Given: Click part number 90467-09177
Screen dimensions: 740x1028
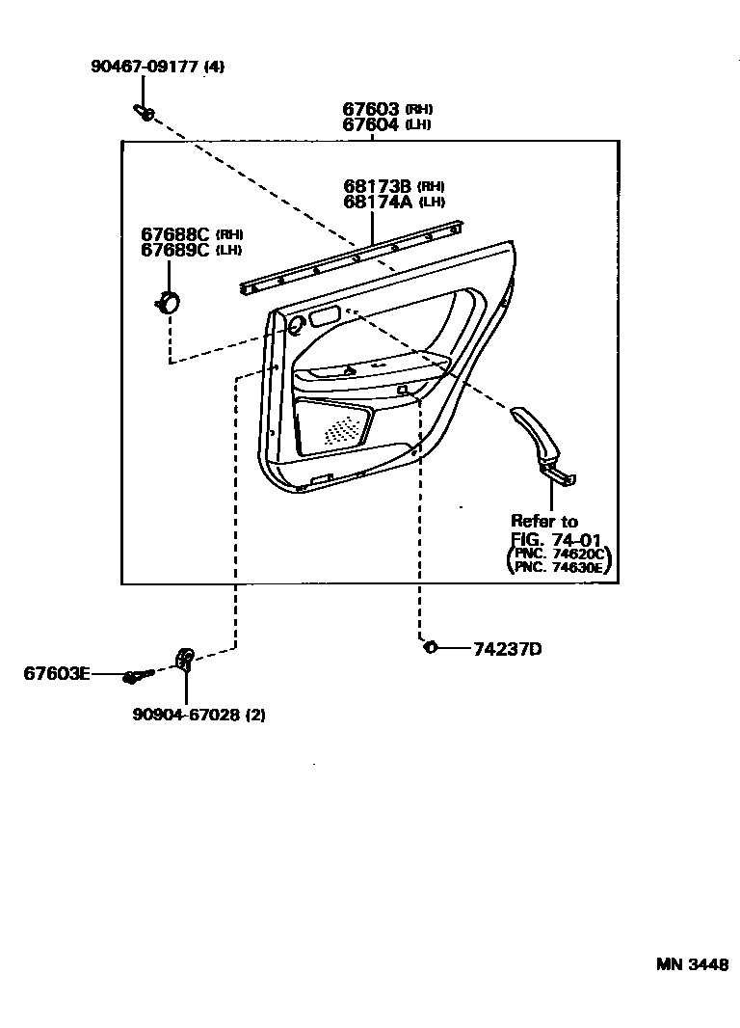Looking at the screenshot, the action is [x=145, y=67].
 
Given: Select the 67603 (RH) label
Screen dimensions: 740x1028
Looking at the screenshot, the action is [x=372, y=109].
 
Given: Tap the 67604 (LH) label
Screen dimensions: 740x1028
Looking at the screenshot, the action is [x=372, y=124].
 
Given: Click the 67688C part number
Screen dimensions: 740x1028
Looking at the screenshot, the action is [x=174, y=234].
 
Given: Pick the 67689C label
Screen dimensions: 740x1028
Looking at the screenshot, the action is [x=174, y=250].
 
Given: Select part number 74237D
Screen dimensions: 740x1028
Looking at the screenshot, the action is [x=507, y=649].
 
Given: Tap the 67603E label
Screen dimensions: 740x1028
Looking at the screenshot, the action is [x=57, y=673].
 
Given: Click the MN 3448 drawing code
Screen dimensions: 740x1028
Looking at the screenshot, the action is [x=693, y=963].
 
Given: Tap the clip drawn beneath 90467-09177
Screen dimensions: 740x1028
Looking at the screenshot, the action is [x=145, y=114].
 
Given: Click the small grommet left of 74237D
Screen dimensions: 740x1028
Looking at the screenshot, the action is [x=431, y=646].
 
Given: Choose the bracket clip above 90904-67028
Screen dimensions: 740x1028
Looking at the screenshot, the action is [x=185, y=660].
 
